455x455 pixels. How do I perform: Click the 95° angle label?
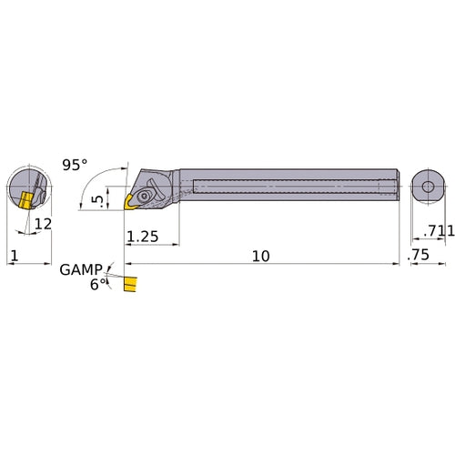(x=76, y=165)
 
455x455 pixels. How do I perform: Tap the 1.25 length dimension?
(x=143, y=238)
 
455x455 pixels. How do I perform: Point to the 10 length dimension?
(x=260, y=258)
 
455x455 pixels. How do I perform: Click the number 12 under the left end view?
(x=43, y=223)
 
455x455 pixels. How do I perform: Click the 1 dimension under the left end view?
(x=12, y=258)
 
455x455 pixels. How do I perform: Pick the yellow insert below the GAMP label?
(x=129, y=286)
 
